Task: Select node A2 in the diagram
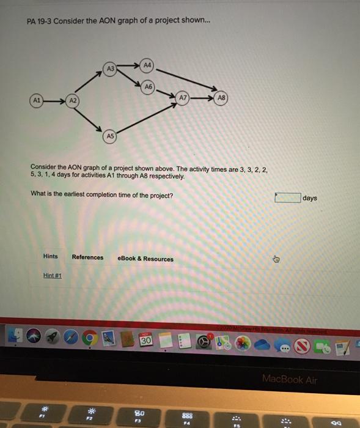73,99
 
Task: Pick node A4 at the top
147,64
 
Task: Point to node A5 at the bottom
110,135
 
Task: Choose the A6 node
147,86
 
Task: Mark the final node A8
221,98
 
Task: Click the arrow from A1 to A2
54,99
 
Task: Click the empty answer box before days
287,197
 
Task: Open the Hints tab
51,257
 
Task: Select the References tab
87,257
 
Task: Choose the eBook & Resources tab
145,259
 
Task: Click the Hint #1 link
53,275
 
